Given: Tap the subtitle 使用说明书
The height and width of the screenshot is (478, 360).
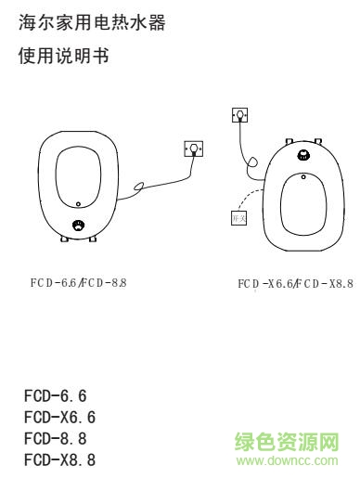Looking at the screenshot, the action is tap(63, 58).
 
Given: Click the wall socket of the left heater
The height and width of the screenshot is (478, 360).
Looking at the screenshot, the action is tap(193, 148).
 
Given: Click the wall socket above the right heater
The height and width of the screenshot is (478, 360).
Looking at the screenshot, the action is tap(240, 115).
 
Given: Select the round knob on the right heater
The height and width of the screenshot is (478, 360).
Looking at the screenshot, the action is tap(303, 156).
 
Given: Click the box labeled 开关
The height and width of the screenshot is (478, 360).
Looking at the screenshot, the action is tap(238, 217).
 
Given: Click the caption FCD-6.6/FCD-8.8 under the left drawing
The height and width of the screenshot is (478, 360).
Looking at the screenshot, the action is tap(78, 281).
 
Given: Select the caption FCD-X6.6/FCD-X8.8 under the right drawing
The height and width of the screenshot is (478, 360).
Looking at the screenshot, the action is tap(295, 283).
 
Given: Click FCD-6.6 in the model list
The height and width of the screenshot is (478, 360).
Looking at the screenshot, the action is tap(55, 396).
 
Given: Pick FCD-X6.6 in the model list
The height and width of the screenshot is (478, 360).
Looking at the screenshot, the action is tap(59, 417).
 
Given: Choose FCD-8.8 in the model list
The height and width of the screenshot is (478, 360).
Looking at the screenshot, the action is tap(55, 438).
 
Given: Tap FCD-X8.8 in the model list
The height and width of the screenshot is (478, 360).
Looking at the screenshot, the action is tap(59, 459).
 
